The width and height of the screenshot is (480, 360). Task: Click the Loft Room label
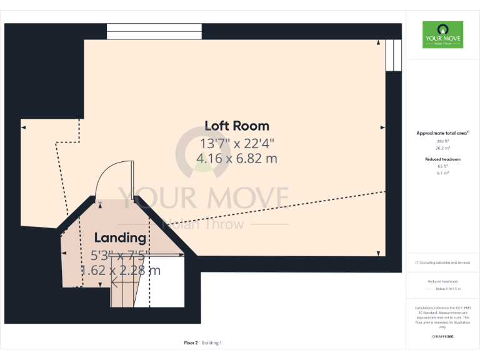[237, 126]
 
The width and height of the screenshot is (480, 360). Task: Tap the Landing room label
[120, 237]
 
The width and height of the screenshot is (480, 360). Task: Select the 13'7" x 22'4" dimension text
[237, 143]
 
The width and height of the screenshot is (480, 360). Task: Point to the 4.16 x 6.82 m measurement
[237, 159]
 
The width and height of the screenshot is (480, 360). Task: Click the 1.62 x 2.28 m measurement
[120, 271]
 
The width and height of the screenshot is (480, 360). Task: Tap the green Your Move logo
[442, 34]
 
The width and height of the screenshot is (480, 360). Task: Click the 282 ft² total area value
[442, 141]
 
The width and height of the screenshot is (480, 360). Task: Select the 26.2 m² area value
[442, 148]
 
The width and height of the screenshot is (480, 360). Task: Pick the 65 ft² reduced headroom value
[442, 166]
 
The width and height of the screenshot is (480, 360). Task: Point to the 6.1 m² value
[442, 173]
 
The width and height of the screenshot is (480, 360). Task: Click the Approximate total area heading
[442, 133]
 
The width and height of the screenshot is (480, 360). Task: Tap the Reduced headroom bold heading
[442, 159]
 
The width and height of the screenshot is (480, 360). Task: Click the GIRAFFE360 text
[442, 337]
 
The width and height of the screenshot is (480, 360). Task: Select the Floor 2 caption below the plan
[191, 342]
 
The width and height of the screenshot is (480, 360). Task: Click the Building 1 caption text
[211, 342]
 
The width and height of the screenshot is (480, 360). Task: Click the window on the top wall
[154, 31]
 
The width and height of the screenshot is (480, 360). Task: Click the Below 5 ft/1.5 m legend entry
[447, 289]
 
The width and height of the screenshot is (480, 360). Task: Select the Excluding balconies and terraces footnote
[442, 262]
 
